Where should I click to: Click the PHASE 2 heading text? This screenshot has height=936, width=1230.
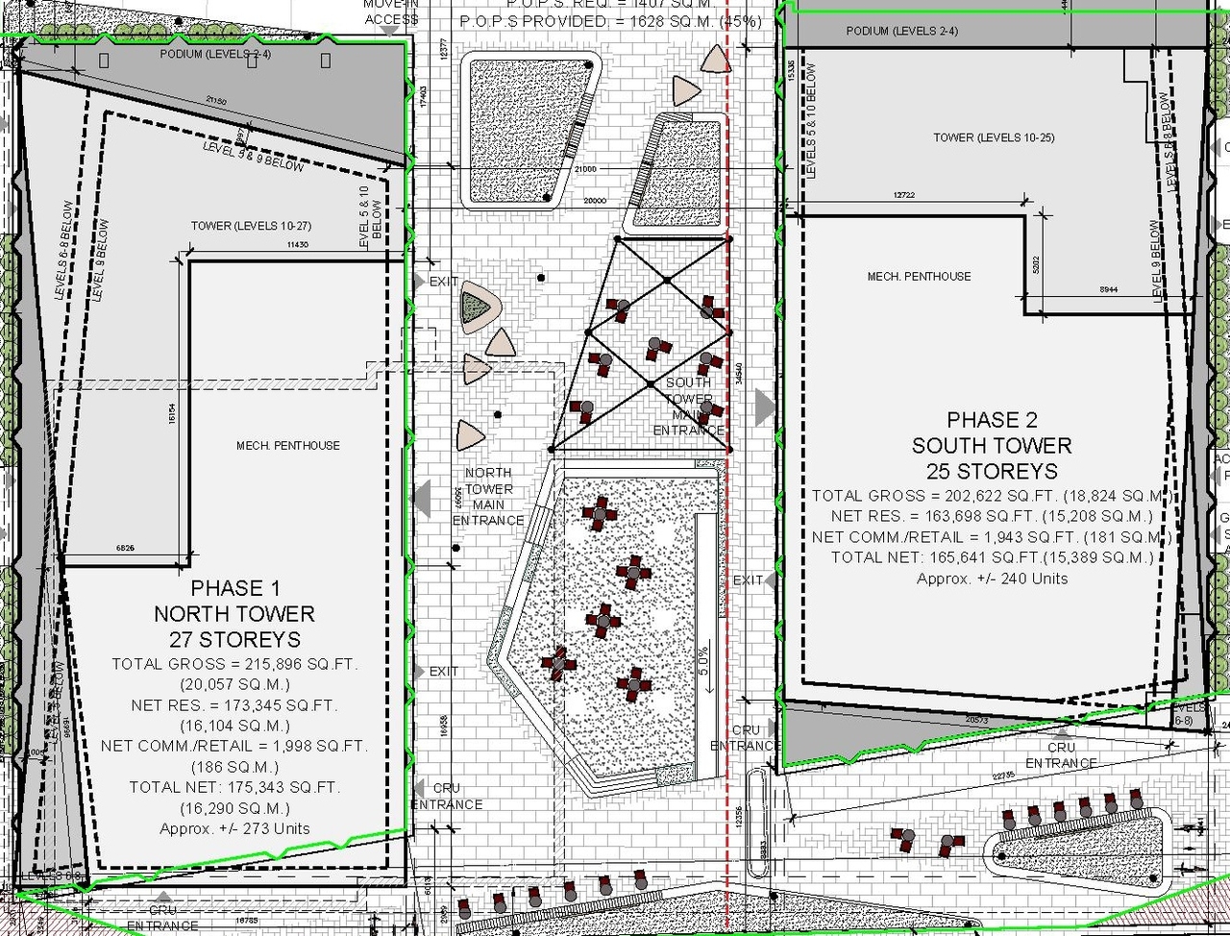[x=992, y=420]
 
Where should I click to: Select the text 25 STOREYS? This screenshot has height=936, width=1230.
[x=992, y=471]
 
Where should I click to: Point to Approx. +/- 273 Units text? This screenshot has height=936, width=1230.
[x=235, y=828]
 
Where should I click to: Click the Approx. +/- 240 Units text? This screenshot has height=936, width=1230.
[x=992, y=579]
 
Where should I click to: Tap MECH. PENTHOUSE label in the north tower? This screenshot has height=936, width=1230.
[x=288, y=446]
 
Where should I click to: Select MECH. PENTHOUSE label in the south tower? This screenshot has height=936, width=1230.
[x=919, y=277]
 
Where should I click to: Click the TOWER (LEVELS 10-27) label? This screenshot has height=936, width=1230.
[x=250, y=226]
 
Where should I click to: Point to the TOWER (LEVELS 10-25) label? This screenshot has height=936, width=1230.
[x=994, y=138]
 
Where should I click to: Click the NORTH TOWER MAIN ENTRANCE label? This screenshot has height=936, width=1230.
[x=488, y=497]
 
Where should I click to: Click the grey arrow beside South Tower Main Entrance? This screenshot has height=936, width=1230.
[x=765, y=406]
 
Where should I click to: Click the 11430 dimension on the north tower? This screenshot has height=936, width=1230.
[x=297, y=246]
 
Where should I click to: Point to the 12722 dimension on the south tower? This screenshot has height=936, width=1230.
[x=903, y=196]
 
